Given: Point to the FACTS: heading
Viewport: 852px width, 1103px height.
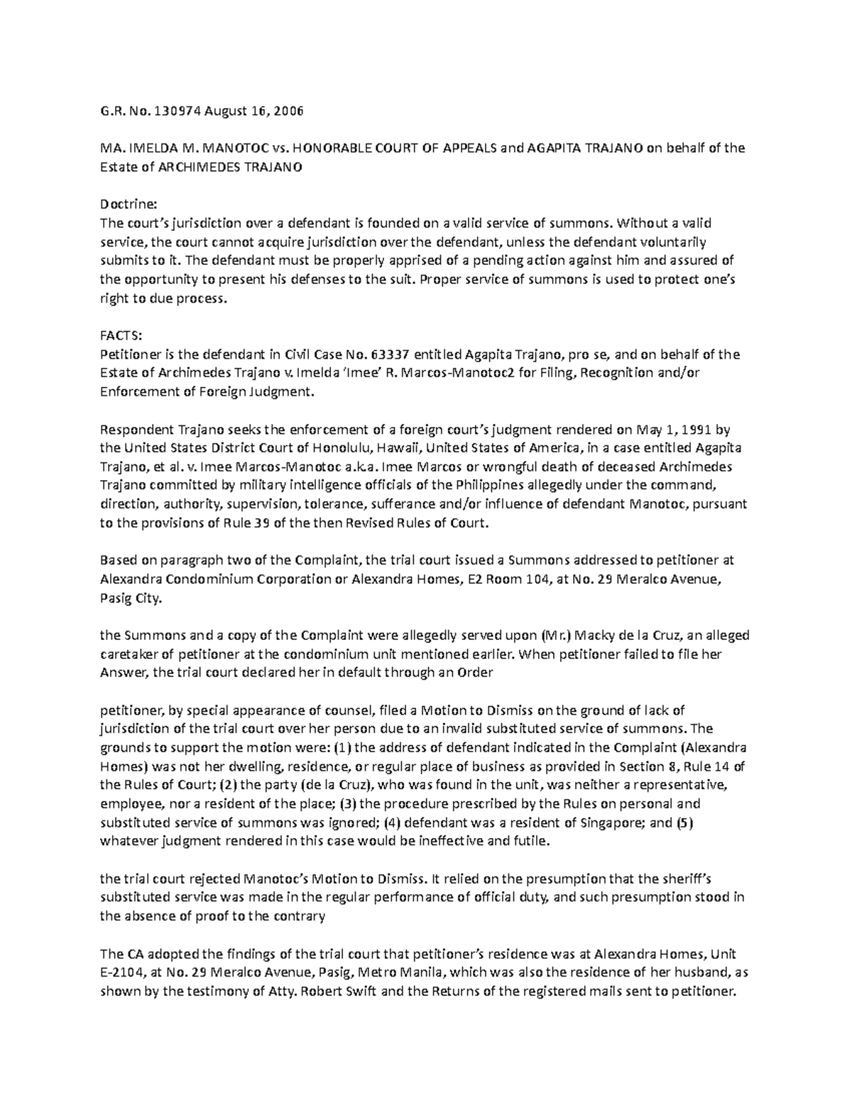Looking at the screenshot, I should (118, 336).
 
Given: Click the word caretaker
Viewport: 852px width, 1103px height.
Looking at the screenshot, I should (130, 654).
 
